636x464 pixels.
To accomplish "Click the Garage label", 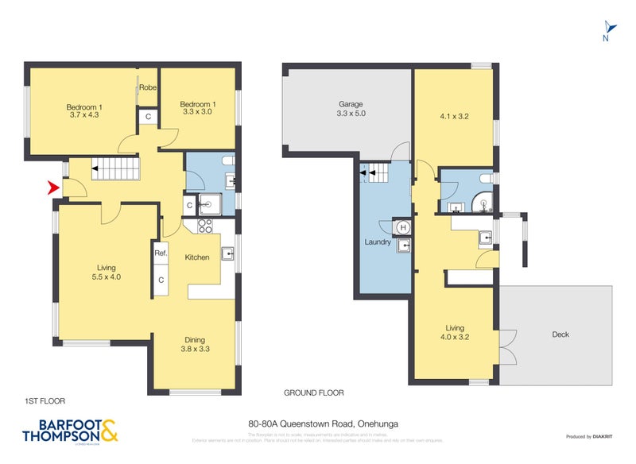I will pos(351,105).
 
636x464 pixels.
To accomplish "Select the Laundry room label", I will pos(377,242).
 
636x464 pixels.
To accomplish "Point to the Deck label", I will pos(560,334).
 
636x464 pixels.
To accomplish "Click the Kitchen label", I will pos(197,257).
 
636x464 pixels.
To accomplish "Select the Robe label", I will pos(148,87).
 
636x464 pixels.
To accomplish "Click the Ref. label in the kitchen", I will pos(161,253).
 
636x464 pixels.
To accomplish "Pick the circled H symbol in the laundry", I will pos(403,228).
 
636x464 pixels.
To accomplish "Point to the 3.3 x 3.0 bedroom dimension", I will pos(197,113).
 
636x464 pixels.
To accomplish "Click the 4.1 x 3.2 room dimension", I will pos(455,115).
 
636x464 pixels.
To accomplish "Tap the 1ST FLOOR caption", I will pos(45,401).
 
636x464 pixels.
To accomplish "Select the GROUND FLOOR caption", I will pos(313,393).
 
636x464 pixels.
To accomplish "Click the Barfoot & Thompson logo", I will pos(71,429).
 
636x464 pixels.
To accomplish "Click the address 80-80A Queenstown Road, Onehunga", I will pos(318,424).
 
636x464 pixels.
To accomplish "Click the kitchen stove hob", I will pos(204,225).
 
